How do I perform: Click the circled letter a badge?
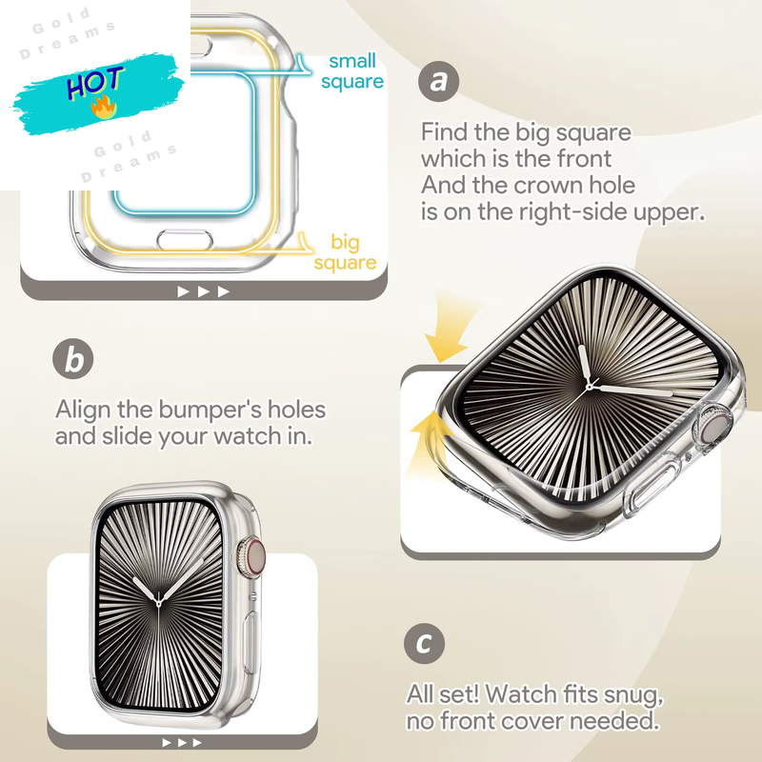(438, 81)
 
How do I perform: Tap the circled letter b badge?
(73, 359)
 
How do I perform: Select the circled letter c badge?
(424, 644)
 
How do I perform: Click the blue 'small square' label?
(352, 70)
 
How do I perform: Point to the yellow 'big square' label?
(345, 251)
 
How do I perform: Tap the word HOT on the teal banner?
(94, 82)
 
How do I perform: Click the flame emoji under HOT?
(104, 107)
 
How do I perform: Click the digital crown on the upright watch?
(252, 556)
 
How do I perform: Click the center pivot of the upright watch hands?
(158, 604)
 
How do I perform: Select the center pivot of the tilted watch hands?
(590, 388)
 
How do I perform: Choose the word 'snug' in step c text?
(633, 695)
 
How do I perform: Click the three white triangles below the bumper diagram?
(203, 291)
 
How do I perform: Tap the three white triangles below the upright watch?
(182, 743)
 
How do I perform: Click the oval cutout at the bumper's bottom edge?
(185, 240)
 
